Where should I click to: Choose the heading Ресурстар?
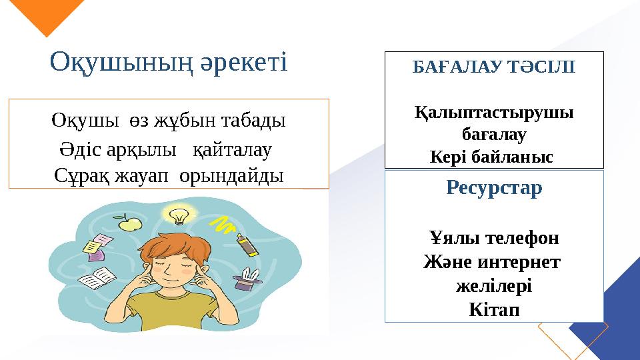(494, 189)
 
